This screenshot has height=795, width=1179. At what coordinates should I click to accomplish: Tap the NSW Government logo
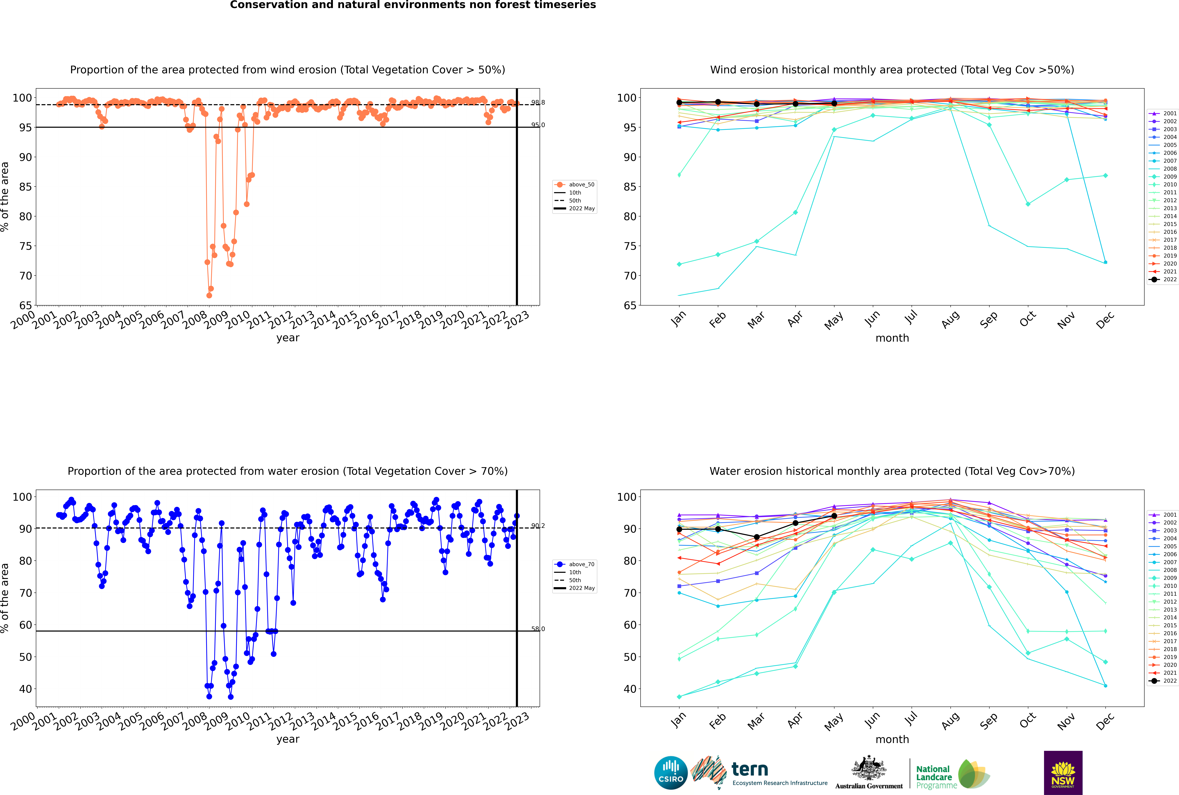1063,772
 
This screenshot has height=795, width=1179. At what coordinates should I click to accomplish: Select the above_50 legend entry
575,185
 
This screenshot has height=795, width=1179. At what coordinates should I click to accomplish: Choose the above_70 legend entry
575,564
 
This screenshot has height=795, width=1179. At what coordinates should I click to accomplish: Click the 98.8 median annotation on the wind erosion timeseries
538,102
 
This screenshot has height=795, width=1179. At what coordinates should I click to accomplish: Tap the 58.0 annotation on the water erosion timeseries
538,629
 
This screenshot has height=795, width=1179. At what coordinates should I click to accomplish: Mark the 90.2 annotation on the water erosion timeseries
538,526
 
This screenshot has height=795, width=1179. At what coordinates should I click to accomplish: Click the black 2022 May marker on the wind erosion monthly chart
834,103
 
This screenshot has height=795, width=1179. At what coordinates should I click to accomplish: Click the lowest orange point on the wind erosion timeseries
209,295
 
